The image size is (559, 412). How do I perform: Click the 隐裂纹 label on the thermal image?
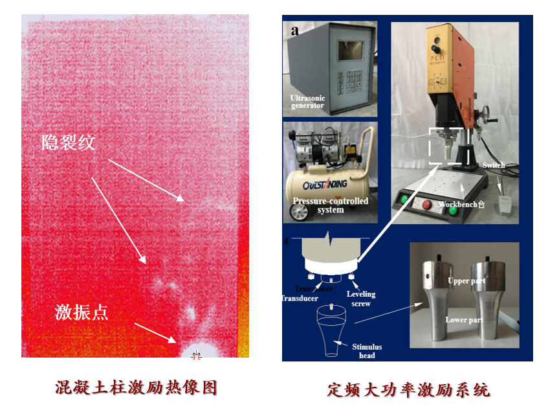(69, 142)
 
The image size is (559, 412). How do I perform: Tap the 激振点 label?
(81, 312)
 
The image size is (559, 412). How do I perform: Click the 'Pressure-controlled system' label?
(331, 205)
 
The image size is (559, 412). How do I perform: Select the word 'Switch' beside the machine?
(494, 166)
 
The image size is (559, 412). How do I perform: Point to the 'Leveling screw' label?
(362, 299)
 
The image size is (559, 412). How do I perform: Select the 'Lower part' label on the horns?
(463, 320)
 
